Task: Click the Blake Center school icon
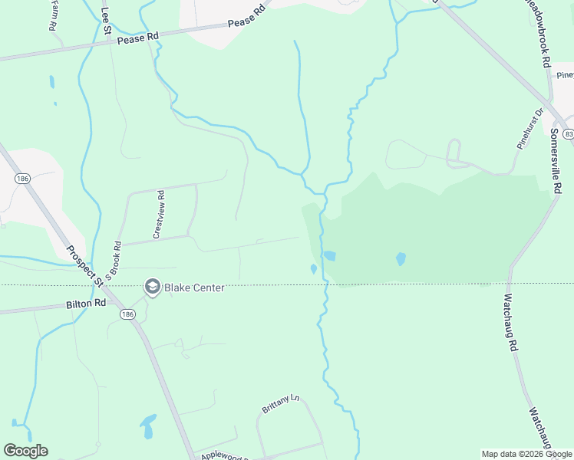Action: [151, 287]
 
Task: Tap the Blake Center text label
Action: [193, 288]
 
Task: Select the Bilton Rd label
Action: [84, 304]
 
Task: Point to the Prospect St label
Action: [84, 265]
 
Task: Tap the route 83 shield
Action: [568, 133]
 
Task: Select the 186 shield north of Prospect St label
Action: [21, 178]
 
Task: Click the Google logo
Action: [25, 451]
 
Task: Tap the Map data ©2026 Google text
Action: [526, 454]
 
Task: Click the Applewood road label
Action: [226, 455]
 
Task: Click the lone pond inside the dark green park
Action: [400, 259]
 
